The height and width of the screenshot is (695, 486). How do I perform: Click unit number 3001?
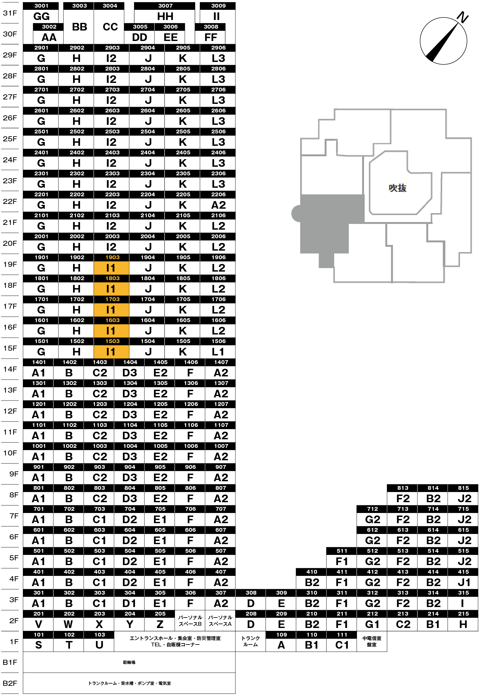[x=41, y=6]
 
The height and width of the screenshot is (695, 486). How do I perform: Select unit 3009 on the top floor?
[x=219, y=6]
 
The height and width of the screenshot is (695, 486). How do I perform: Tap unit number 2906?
[x=219, y=48]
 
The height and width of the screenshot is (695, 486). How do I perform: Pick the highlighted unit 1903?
[x=112, y=257]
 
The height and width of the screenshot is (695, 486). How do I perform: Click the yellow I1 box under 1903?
[x=111, y=268]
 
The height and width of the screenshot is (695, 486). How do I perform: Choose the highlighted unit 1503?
[x=112, y=341]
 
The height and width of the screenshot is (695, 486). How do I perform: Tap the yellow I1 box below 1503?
[x=111, y=352]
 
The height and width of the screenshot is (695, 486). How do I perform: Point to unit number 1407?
[x=221, y=362]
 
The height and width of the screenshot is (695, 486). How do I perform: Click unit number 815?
[x=463, y=488]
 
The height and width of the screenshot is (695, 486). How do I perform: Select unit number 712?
[x=373, y=509]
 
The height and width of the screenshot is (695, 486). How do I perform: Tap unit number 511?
[x=342, y=551]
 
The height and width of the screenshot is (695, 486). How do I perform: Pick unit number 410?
[x=312, y=572]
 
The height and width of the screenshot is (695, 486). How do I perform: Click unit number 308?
[x=251, y=593]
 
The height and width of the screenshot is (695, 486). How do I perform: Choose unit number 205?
[x=160, y=614]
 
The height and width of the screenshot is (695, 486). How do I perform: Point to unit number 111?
[x=342, y=635]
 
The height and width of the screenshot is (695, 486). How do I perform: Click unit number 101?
[x=39, y=635]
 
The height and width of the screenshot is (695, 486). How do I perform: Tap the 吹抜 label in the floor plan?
[x=397, y=188]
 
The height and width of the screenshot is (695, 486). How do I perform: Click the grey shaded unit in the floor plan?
[x=327, y=219]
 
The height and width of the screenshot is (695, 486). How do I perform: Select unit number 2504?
[x=148, y=132]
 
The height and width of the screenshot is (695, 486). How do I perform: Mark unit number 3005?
[x=140, y=27]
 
